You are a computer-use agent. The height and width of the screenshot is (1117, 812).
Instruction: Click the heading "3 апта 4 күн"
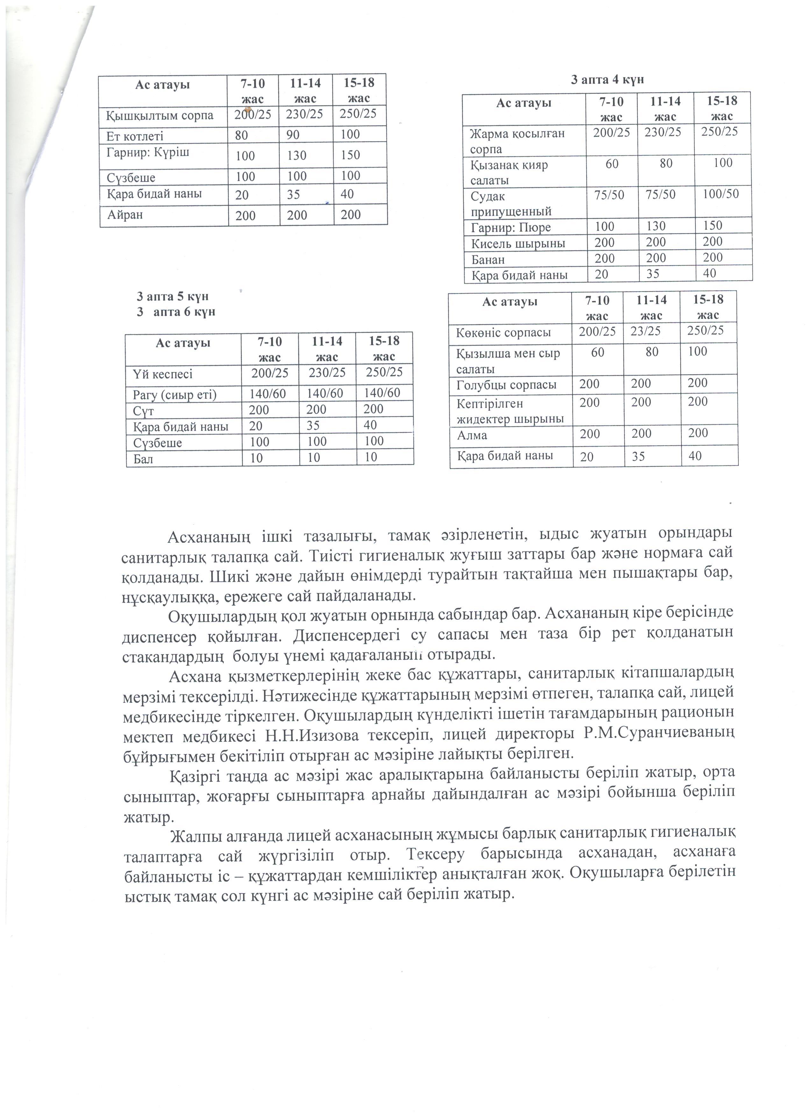[x=607, y=80]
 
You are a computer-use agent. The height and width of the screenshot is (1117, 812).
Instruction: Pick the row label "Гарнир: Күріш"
[x=148, y=152]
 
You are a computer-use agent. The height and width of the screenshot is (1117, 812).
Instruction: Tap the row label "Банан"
[x=488, y=259]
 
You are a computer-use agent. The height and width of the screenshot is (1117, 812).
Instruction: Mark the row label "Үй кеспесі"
[x=162, y=374]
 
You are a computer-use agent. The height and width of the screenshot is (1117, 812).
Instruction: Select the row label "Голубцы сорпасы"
[x=507, y=385]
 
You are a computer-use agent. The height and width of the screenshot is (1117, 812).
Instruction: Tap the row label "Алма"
[x=472, y=435]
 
